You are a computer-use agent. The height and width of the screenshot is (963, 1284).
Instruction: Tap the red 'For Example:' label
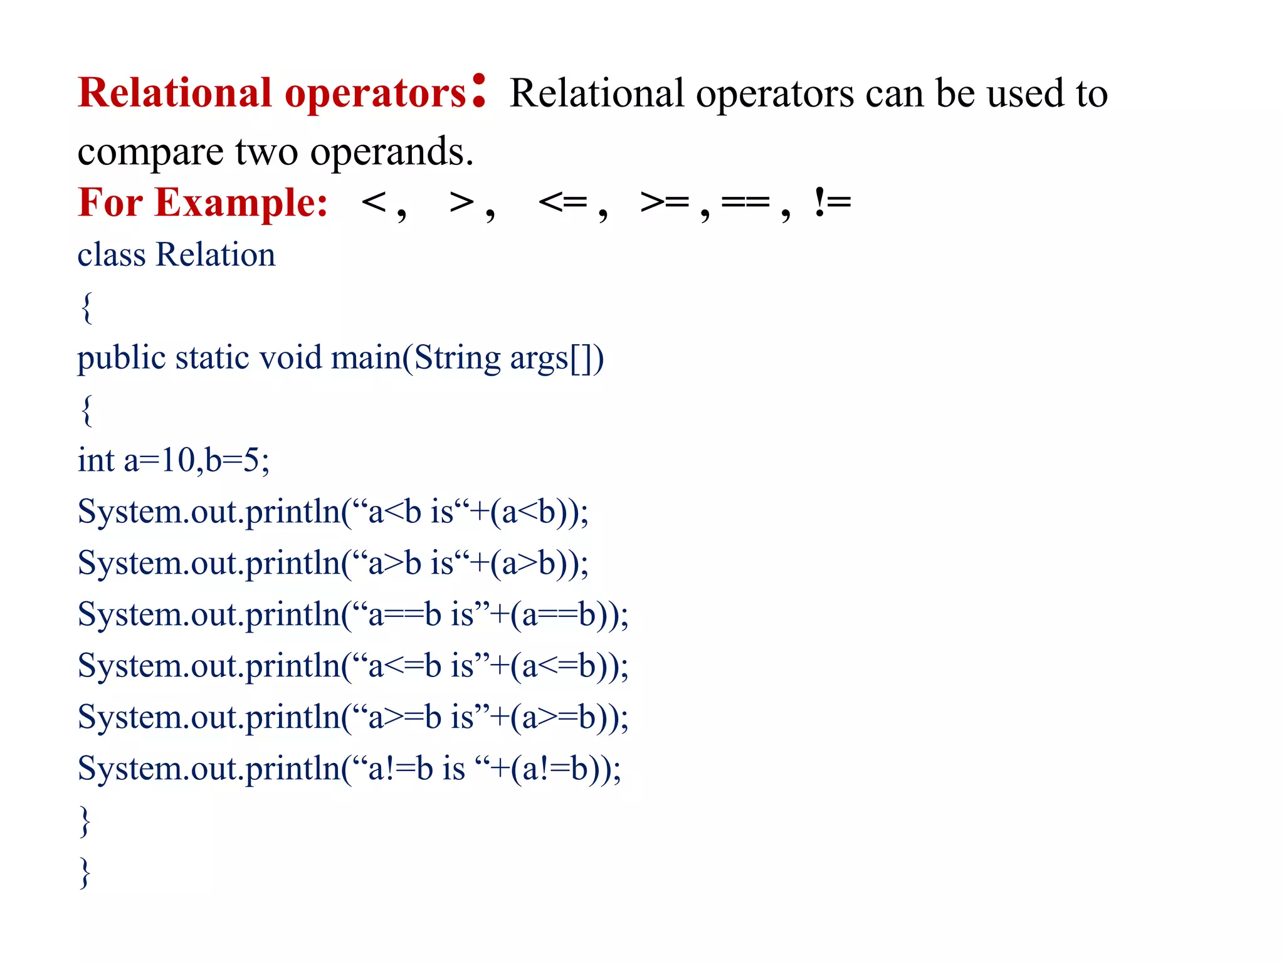(203, 203)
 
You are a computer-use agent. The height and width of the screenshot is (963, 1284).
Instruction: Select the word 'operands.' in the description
(392, 152)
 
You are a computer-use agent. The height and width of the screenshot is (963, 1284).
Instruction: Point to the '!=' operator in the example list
(832, 203)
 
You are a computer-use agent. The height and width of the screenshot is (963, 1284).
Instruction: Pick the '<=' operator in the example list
(563, 203)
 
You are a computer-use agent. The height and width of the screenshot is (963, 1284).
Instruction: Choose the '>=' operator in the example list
(665, 203)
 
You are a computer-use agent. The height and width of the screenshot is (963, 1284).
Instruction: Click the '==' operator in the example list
(745, 203)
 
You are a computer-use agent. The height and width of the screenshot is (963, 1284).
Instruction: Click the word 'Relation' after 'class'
(216, 255)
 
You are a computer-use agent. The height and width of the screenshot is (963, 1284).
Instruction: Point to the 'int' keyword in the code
(96, 461)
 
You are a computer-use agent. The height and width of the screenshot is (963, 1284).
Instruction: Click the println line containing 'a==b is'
(353, 614)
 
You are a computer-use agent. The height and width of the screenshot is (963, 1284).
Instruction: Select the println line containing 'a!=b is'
(349, 769)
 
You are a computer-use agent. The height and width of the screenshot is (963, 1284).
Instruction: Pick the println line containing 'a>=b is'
(353, 717)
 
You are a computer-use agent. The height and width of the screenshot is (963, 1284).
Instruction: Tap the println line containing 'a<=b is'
(353, 666)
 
